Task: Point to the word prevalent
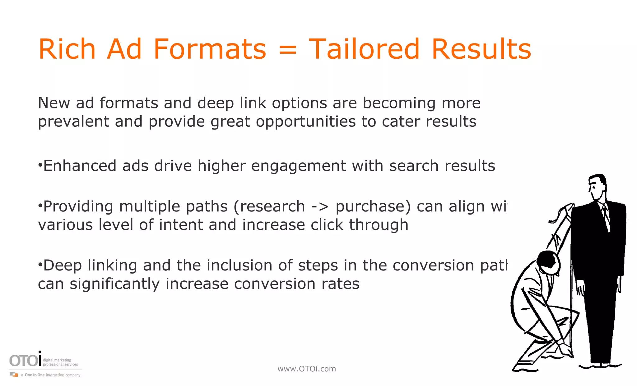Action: (x=73, y=122)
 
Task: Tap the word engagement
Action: (x=298, y=166)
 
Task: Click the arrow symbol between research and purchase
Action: (x=320, y=207)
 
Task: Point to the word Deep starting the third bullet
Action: (x=63, y=266)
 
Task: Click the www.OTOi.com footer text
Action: (x=307, y=369)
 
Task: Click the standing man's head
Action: (x=597, y=187)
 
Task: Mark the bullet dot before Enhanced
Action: (x=40, y=165)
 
